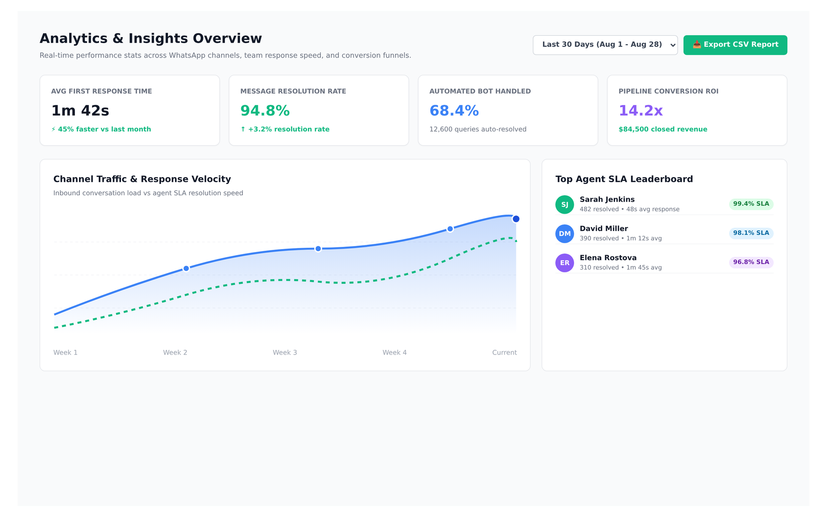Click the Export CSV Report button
tap(735, 45)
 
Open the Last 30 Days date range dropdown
tap(605, 45)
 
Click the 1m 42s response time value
tap(80, 111)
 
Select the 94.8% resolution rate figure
tap(265, 111)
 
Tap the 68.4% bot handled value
tap(454, 111)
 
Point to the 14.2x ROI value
tap(640, 111)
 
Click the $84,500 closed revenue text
tap(663, 129)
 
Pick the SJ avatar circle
tap(565, 205)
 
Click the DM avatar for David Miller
tap(565, 234)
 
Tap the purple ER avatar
tap(565, 263)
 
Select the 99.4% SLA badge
tap(751, 204)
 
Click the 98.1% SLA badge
tap(751, 233)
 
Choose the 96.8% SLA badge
tap(751, 262)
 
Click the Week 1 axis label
tap(65, 352)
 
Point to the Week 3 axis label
tap(285, 352)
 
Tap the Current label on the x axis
tap(504, 352)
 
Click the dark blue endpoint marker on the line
tap(516, 219)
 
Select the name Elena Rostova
tap(608, 258)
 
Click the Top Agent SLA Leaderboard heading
tap(624, 179)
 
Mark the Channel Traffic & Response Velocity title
tap(142, 179)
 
